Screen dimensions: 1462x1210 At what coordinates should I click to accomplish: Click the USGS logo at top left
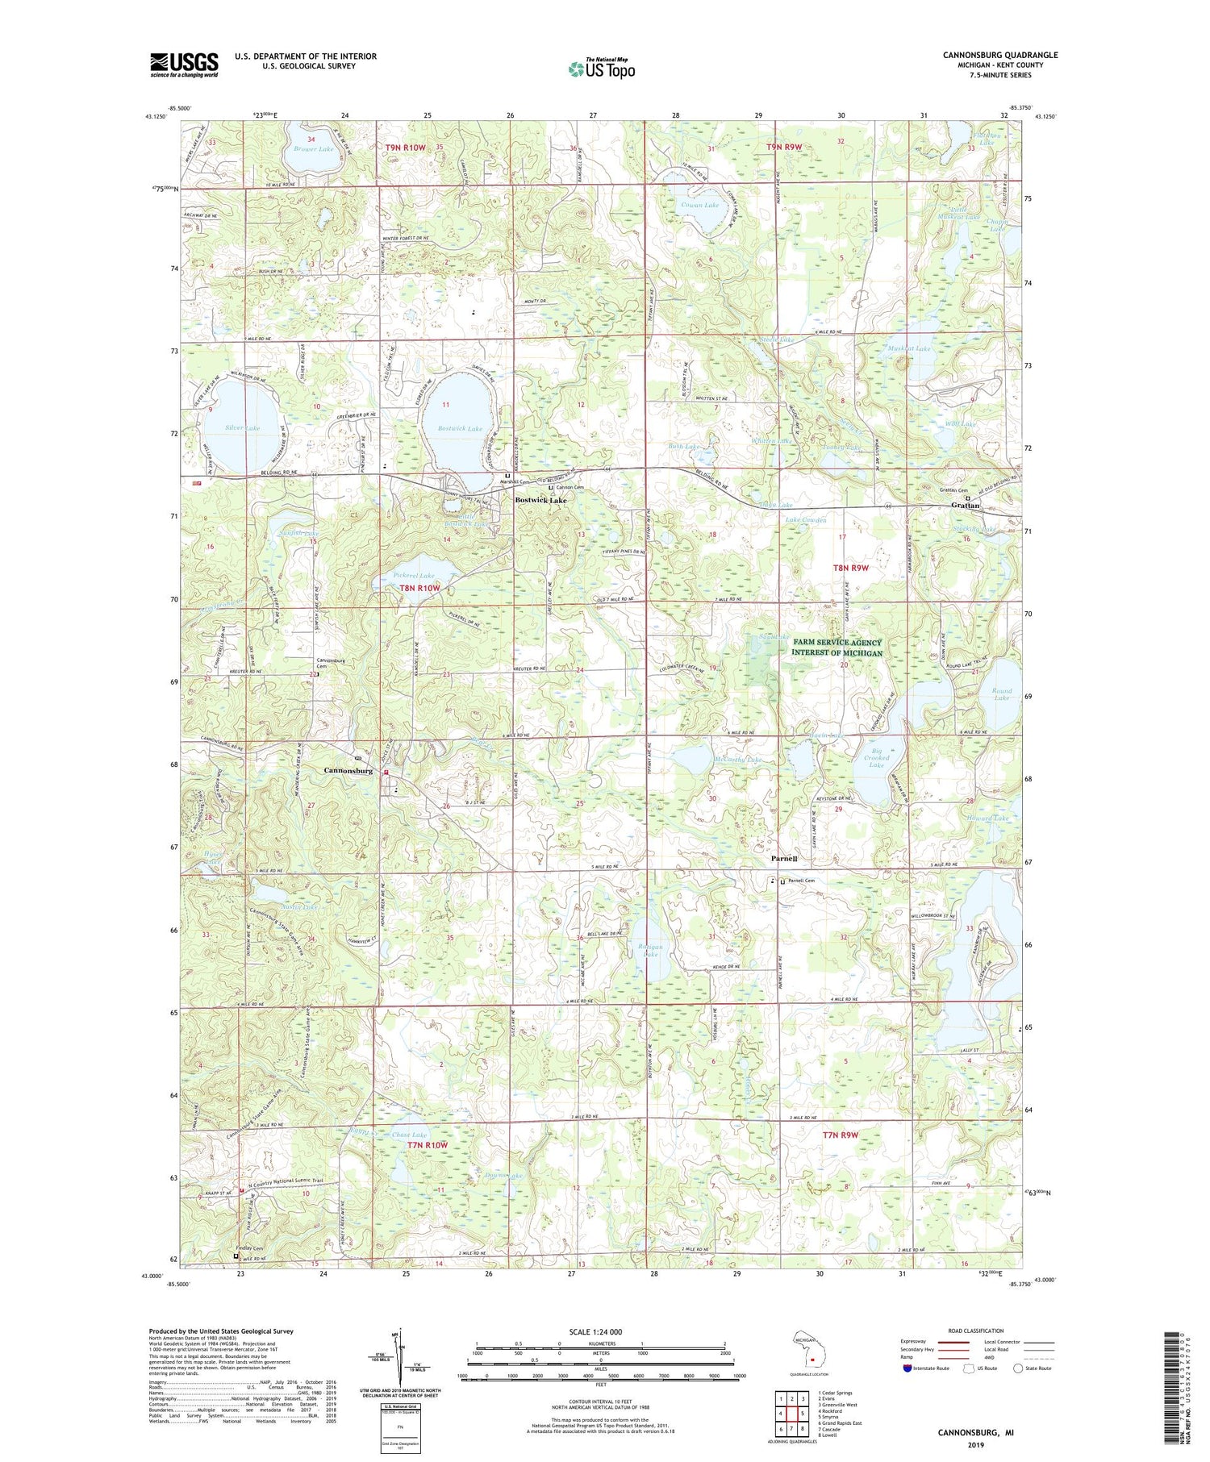pyautogui.click(x=184, y=65)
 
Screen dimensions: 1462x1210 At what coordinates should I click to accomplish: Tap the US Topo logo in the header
pyautogui.click(x=601, y=69)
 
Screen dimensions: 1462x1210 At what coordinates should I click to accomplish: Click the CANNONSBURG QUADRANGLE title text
pyautogui.click(x=999, y=55)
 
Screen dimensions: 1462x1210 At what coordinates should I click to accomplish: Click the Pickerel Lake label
pyautogui.click(x=414, y=575)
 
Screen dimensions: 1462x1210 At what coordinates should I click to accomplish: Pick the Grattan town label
pyautogui.click(x=965, y=506)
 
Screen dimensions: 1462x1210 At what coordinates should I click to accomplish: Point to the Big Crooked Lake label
pyautogui.click(x=876, y=758)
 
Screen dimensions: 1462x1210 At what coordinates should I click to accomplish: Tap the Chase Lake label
pyautogui.click(x=409, y=1135)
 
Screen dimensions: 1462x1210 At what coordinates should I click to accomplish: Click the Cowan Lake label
pyautogui.click(x=699, y=205)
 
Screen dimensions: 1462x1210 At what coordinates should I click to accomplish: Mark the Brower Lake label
pyautogui.click(x=313, y=149)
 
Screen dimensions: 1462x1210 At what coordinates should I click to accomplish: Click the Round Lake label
pyautogui.click(x=1001, y=694)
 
